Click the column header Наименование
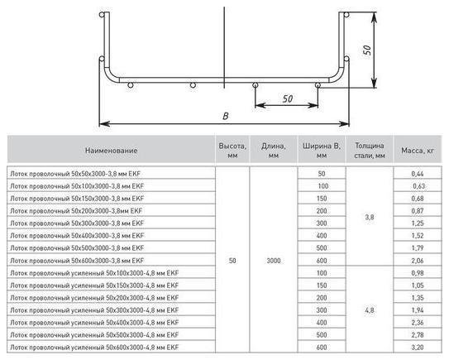coord(111,150)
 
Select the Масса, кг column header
coord(418,150)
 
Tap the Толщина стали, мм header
coord(370,151)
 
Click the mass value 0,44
coord(418,174)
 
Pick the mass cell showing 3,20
coord(418,347)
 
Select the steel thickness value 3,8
coord(370,218)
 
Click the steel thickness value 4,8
coord(370,310)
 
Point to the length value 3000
coord(274,261)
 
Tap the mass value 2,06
coord(418,261)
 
